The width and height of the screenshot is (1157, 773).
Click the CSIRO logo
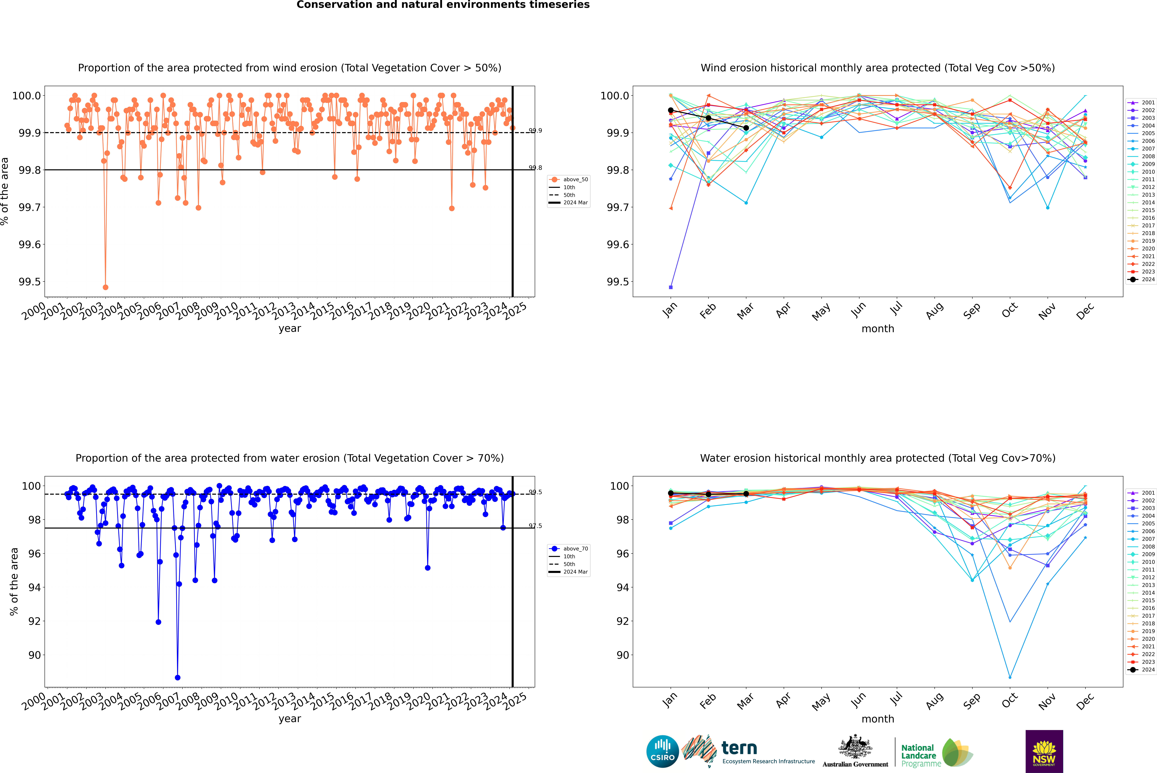click(x=662, y=751)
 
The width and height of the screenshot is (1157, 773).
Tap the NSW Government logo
click(x=1044, y=751)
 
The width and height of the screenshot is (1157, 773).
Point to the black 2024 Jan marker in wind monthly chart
click(x=671, y=110)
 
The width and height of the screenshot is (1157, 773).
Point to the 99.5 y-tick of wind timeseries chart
click(x=30, y=282)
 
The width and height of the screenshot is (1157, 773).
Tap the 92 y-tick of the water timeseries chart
click(x=35, y=621)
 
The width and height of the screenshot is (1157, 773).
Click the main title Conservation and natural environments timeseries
click(x=443, y=5)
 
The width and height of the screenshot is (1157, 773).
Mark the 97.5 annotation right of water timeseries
click(x=535, y=526)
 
